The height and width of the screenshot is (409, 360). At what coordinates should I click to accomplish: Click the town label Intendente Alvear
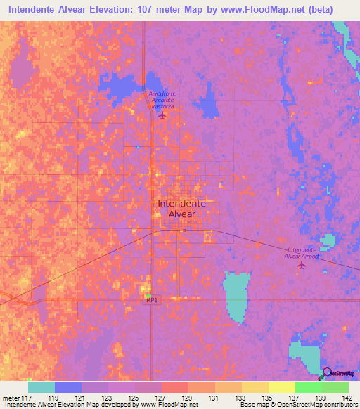[181, 208]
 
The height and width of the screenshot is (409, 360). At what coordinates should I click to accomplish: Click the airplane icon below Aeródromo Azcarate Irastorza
[164, 115]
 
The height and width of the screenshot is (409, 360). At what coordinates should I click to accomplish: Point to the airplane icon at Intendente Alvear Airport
[302, 265]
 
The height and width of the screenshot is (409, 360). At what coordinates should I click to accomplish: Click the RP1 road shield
[151, 299]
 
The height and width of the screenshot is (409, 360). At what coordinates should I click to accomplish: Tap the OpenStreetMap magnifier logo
[327, 373]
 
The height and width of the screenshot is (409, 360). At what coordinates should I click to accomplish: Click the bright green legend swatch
[309, 387]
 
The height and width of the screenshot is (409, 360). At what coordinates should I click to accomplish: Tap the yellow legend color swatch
[282, 387]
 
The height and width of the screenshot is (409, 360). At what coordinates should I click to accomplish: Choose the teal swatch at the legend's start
[41, 387]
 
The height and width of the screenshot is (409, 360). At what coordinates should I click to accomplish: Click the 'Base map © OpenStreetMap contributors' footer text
[298, 405]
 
